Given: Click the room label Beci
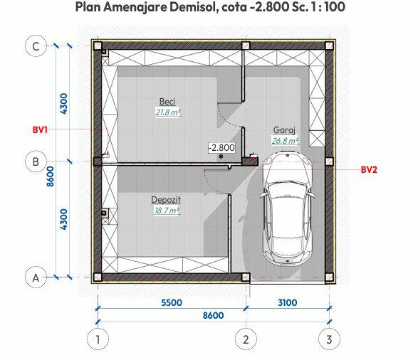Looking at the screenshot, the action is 167,102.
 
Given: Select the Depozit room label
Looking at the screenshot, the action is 166,200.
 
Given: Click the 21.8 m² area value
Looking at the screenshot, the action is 168,112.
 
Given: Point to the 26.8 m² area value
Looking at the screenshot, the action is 285,141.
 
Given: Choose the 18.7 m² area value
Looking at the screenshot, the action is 167,211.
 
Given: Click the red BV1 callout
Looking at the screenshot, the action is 40,130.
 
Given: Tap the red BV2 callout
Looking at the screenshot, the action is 369,170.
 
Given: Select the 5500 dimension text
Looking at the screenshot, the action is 172,303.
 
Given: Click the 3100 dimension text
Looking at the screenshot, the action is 288,303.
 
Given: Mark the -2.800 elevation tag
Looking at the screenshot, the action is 221,147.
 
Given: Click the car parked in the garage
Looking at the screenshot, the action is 287,207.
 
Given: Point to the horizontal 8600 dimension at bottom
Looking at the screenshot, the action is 213,315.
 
